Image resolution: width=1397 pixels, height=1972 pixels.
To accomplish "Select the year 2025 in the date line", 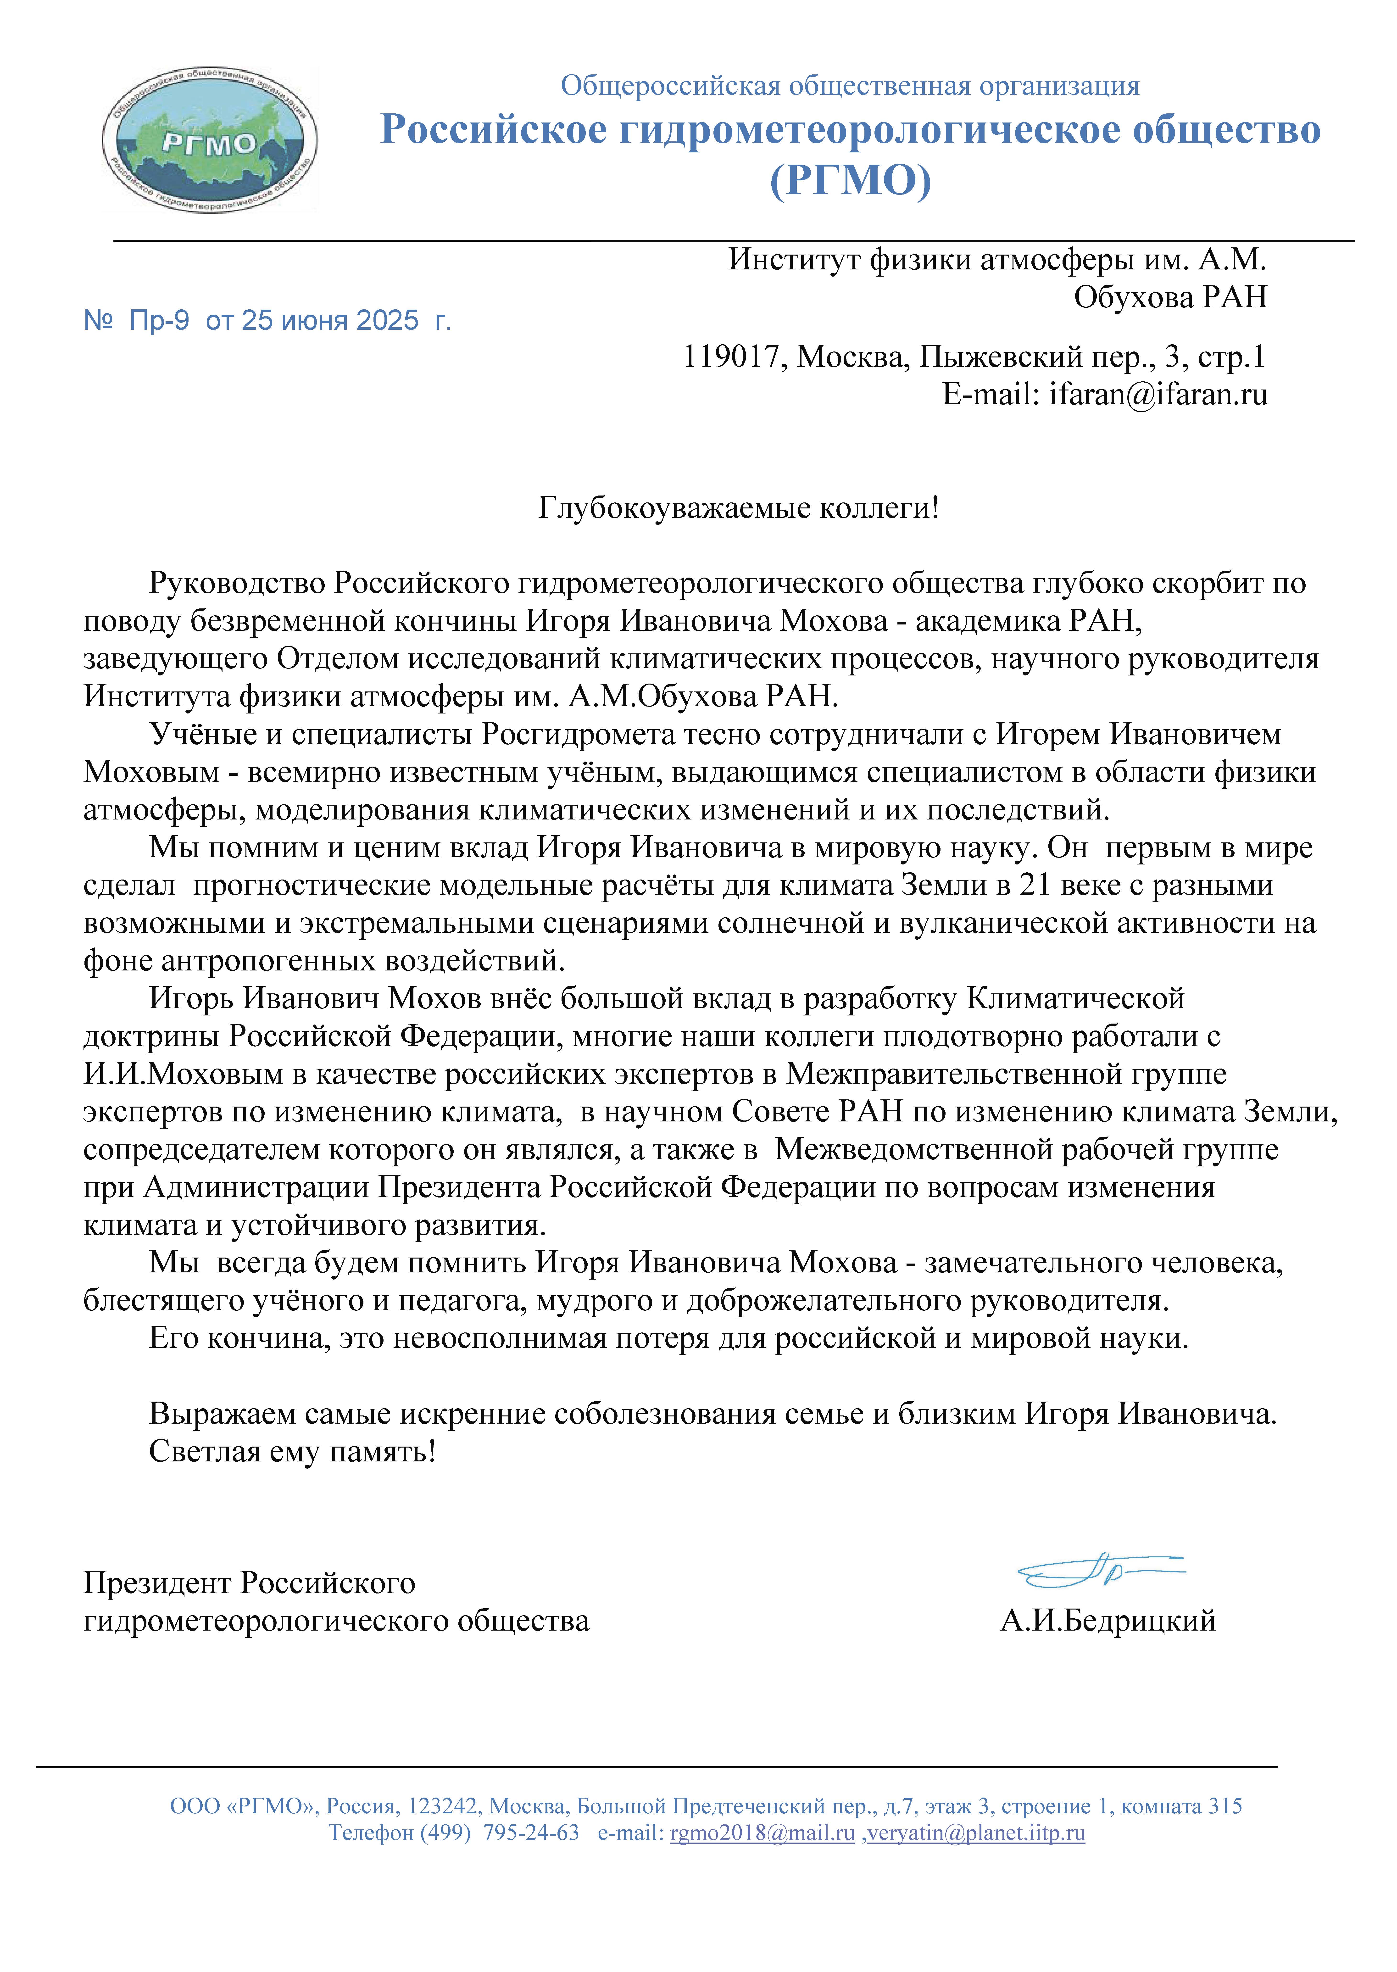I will pyautogui.click(x=387, y=321).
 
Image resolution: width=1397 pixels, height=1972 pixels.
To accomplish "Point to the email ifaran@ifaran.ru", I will pyautogui.click(x=1158, y=395).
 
